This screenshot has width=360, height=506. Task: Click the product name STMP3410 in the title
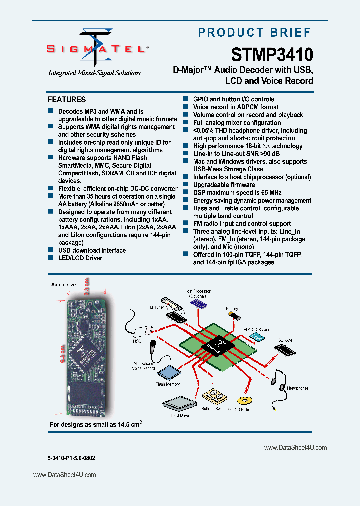(x=272, y=54)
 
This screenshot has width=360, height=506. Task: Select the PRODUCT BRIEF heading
(x=255, y=33)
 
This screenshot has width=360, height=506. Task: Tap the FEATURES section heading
(x=67, y=100)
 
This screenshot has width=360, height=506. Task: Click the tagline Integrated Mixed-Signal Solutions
(x=94, y=73)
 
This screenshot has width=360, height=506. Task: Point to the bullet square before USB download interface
(x=50, y=250)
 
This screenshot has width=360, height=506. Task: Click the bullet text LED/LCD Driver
(x=80, y=258)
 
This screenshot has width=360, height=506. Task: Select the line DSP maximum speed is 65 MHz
(x=237, y=193)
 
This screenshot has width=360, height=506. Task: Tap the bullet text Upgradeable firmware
(x=224, y=185)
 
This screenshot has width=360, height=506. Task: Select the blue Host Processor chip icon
(x=198, y=303)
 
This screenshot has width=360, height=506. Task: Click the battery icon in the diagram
(x=233, y=316)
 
